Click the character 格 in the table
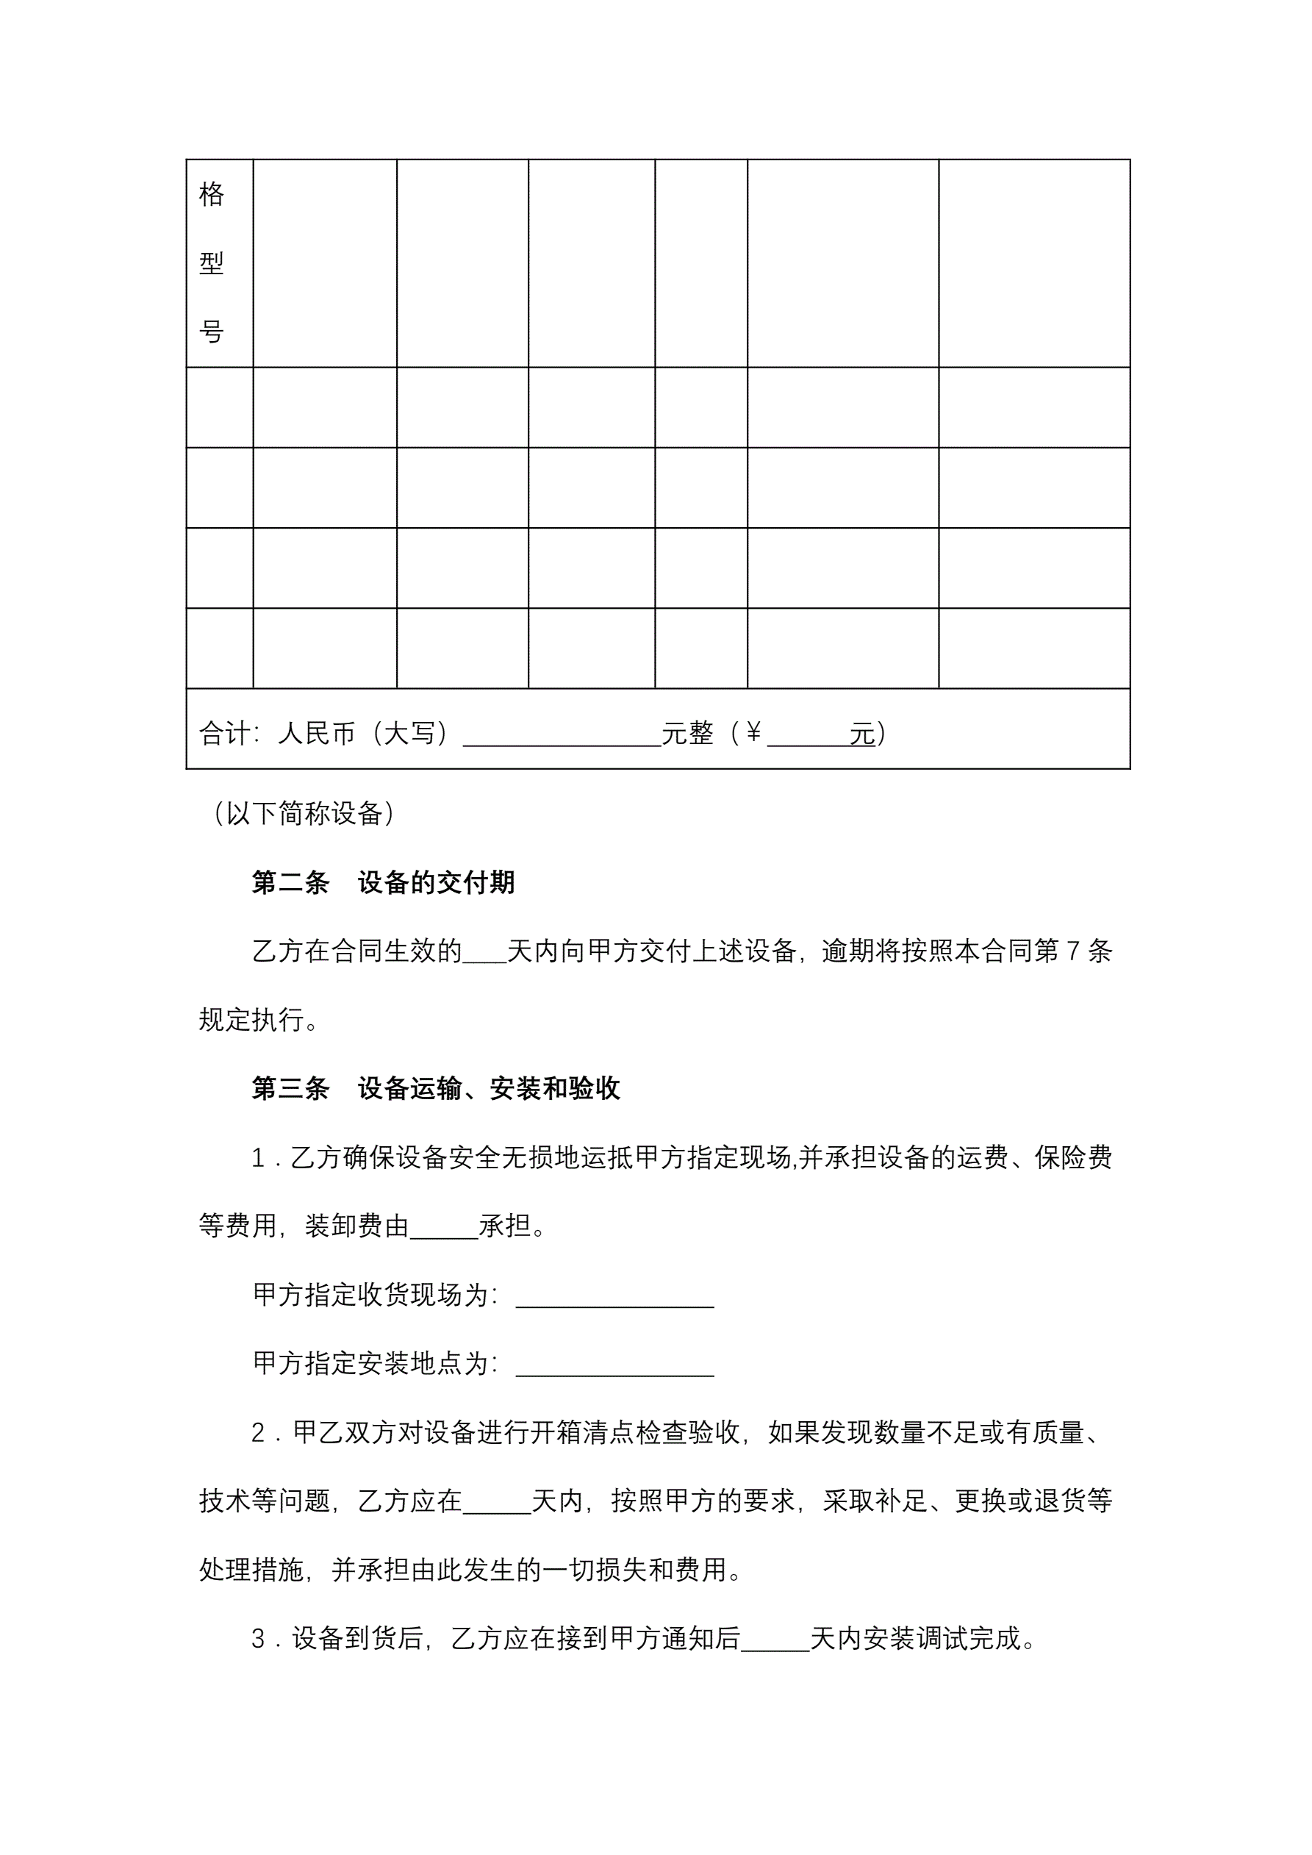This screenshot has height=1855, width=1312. click(x=211, y=194)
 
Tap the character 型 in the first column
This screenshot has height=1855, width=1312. click(x=211, y=262)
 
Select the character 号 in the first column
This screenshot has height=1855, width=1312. click(x=211, y=332)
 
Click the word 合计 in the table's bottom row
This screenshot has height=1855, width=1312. click(x=225, y=733)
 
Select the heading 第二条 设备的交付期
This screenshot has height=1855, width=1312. click(x=383, y=882)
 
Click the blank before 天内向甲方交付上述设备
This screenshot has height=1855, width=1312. click(x=484, y=954)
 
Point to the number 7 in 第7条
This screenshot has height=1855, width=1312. click(x=1073, y=951)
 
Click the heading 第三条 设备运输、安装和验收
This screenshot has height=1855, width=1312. click(x=435, y=1088)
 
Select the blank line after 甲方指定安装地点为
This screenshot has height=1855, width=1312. click(x=614, y=1366)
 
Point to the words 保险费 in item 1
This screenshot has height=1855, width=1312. click(x=1073, y=1158)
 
